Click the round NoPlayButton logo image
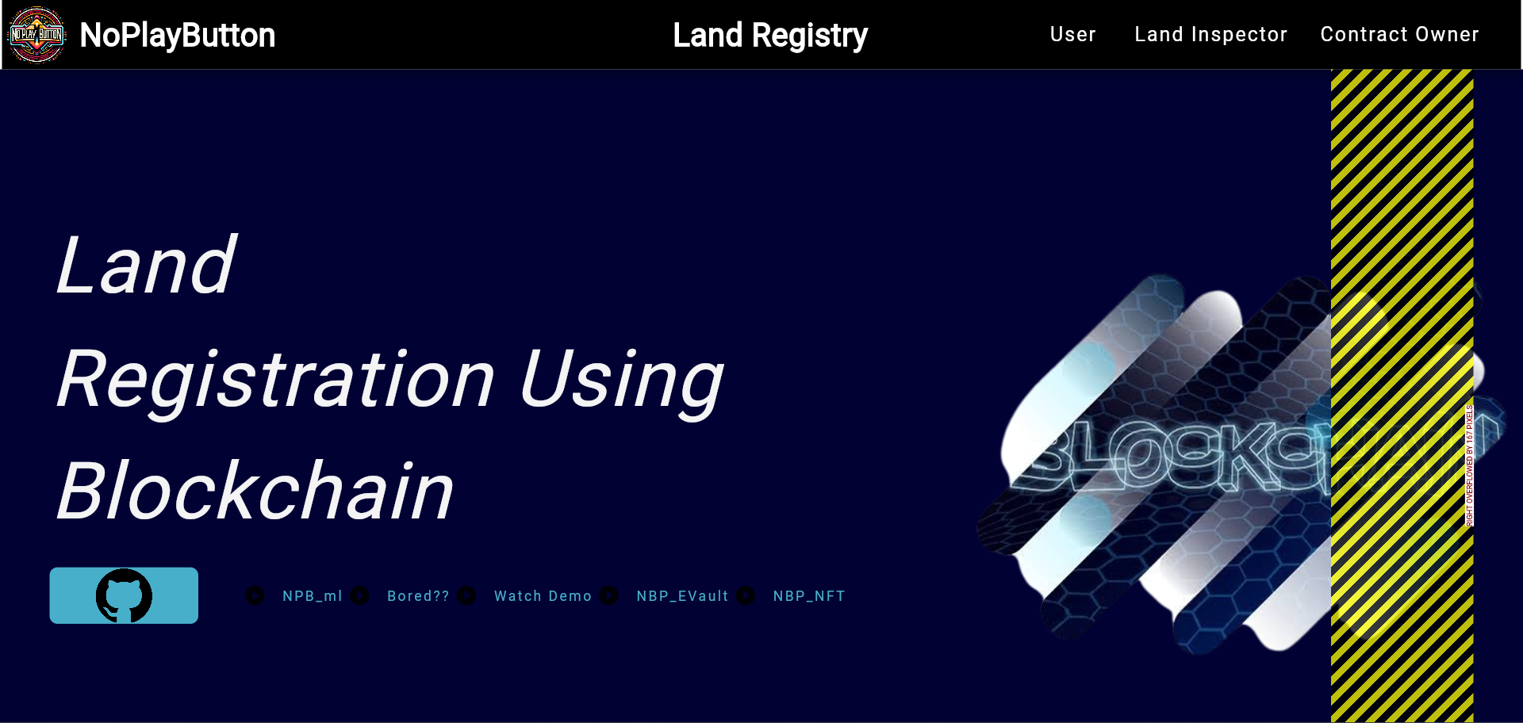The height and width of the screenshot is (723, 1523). pyautogui.click(x=36, y=35)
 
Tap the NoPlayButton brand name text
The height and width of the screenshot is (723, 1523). pyautogui.click(x=177, y=35)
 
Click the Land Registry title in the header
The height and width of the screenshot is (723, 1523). pyautogui.click(x=769, y=35)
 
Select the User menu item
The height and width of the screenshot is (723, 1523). pyautogui.click(x=1072, y=34)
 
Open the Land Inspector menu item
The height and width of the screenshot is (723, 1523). pyautogui.click(x=1210, y=34)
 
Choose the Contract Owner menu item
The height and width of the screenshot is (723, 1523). pyautogui.click(x=1399, y=34)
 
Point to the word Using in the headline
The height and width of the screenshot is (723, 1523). pyautogui.click(x=621, y=380)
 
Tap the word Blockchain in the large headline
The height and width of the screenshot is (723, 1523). pyautogui.click(x=255, y=492)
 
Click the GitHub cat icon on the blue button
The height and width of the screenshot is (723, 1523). pyautogui.click(x=124, y=595)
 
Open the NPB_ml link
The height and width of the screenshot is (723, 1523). pyautogui.click(x=313, y=596)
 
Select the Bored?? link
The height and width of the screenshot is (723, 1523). pyautogui.click(x=418, y=596)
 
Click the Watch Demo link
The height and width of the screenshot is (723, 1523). pyautogui.click(x=543, y=596)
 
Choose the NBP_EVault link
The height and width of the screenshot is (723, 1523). pyautogui.click(x=682, y=596)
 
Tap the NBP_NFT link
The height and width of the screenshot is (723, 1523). pyautogui.click(x=809, y=596)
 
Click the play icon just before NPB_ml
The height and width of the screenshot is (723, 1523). pyautogui.click(x=255, y=595)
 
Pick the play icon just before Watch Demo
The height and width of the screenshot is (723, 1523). pyautogui.click(x=466, y=595)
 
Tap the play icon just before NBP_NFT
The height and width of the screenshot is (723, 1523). pyautogui.click(x=746, y=595)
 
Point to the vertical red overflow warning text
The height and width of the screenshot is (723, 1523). pyautogui.click(x=1469, y=465)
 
